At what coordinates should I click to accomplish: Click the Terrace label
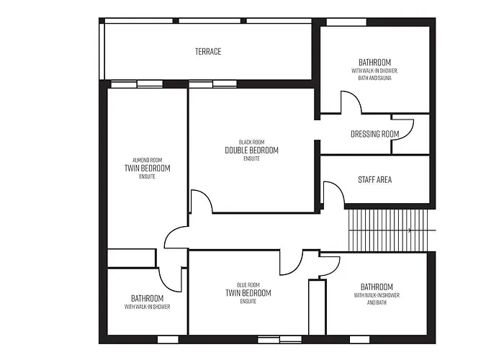click(208, 51)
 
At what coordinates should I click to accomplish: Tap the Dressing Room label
click(375, 134)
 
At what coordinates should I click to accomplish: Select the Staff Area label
click(375, 180)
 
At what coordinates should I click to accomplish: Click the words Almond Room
click(147, 160)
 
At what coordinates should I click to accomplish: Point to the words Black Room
click(251, 142)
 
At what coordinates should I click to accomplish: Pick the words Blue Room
click(248, 285)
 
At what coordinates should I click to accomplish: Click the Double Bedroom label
click(251, 150)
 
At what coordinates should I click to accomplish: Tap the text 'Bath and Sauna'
click(375, 78)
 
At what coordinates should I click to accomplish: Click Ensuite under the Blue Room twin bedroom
click(248, 301)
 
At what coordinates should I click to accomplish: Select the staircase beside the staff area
click(388, 230)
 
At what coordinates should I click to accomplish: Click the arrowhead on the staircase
click(410, 230)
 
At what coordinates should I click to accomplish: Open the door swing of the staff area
click(333, 192)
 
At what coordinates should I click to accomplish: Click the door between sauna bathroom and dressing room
click(351, 102)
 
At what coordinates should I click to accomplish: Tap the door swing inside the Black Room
click(202, 201)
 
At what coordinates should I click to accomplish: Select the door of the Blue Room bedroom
click(291, 263)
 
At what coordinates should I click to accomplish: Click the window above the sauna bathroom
click(346, 22)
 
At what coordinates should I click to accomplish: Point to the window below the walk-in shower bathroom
click(168, 339)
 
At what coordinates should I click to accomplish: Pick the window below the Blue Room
click(280, 339)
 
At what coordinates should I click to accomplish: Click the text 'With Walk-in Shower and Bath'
click(377, 299)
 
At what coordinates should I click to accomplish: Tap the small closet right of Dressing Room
click(411, 135)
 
